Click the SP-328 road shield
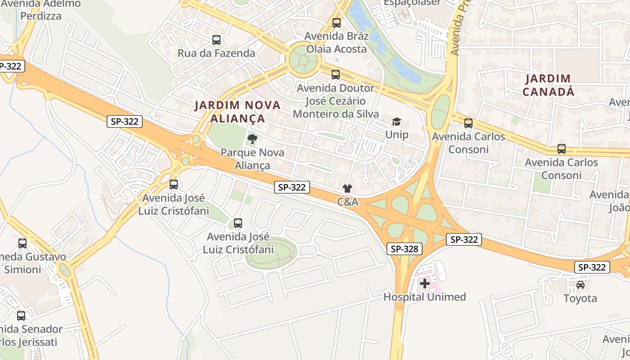click(x=404, y=248)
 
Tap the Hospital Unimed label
click(x=424, y=297)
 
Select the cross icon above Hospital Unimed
click(x=424, y=283)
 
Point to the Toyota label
click(x=580, y=298)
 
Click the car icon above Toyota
click(x=580, y=284)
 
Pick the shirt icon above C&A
click(x=347, y=189)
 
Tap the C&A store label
click(x=348, y=202)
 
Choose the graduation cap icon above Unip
click(x=396, y=121)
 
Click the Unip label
click(x=397, y=135)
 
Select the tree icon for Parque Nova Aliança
click(x=252, y=139)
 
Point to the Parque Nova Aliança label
click(x=252, y=159)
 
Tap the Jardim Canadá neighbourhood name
click(x=548, y=85)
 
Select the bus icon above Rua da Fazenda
click(x=216, y=40)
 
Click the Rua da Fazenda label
click(x=216, y=53)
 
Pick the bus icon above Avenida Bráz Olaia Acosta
click(x=336, y=23)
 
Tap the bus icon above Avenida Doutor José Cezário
click(x=336, y=75)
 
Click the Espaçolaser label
click(x=412, y=3)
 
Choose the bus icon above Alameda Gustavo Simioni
click(x=22, y=243)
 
